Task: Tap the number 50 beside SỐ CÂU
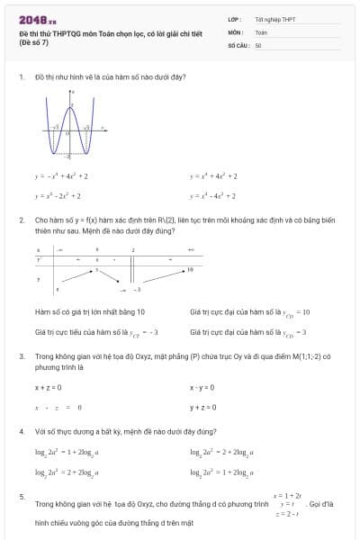(x=258, y=44)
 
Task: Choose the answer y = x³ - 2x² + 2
(x=58, y=194)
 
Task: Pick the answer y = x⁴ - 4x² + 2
(x=213, y=194)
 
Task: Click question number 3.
(x=21, y=355)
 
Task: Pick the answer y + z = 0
(x=203, y=407)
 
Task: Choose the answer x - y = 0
(x=202, y=387)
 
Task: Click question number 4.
(x=21, y=431)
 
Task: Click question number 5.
(x=21, y=496)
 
